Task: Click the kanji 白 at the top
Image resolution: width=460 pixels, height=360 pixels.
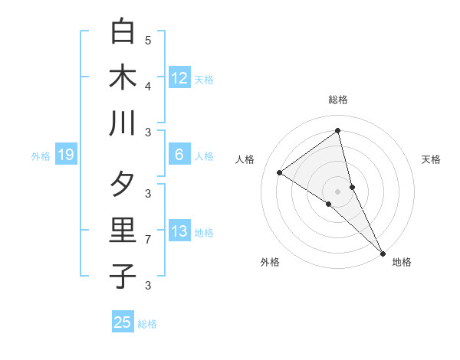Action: point(123,31)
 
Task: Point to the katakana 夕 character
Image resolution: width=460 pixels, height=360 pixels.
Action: point(123,185)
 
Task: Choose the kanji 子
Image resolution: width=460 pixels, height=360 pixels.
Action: point(123,276)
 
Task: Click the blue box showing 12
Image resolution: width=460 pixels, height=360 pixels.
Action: point(179,77)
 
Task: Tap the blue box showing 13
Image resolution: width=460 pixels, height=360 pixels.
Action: point(179,232)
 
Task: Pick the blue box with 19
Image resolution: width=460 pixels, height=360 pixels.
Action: point(65,155)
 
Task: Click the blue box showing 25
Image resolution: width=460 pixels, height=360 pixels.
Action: point(123,322)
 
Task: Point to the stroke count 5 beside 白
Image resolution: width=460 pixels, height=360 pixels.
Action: point(148,40)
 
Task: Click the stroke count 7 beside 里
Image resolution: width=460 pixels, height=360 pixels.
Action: point(148,240)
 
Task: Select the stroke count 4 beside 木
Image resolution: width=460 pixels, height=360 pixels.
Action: point(148,86)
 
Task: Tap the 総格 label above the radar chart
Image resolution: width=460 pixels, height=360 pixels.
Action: point(338,100)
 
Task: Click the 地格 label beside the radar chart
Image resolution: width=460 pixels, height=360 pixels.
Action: point(402,262)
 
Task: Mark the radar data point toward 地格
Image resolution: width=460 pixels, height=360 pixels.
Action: point(383,252)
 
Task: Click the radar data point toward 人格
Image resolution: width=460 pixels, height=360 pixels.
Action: point(280,172)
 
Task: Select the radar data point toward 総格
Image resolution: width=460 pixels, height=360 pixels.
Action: point(338,131)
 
